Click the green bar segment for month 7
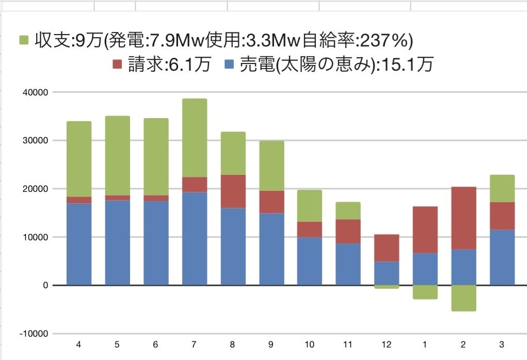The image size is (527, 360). [x=195, y=138]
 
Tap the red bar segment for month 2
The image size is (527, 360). [x=464, y=218]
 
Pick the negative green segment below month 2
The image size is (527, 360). [x=464, y=298]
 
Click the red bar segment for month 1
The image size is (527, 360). [x=425, y=230]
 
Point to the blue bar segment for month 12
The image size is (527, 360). [x=387, y=273]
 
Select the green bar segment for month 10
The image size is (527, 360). [x=310, y=206]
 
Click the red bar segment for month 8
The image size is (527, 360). [x=233, y=191]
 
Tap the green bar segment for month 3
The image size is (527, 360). [x=502, y=188]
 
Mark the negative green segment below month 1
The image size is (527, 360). [x=425, y=292]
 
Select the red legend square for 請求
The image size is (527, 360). [x=116, y=64]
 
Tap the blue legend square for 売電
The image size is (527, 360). [x=230, y=64]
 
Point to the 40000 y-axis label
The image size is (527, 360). [x=35, y=92]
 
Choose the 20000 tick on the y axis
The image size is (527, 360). [x=35, y=189]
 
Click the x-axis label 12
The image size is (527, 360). [x=387, y=344]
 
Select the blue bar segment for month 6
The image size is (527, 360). [x=156, y=243]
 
